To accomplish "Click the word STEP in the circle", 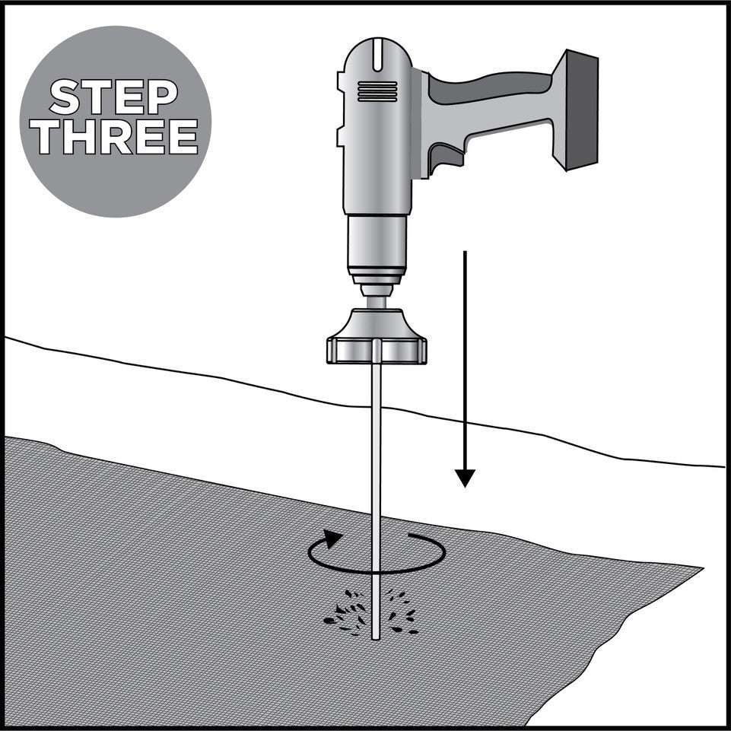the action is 114,97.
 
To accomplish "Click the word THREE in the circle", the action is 117,136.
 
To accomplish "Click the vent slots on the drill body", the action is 377,91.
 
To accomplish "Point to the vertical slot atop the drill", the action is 377,55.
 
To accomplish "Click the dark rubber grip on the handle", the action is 490,87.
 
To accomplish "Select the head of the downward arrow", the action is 465,478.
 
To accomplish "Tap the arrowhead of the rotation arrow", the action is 332,539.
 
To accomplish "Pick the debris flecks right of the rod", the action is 400,612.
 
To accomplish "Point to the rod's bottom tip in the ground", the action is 376,639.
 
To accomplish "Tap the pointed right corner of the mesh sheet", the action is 703,567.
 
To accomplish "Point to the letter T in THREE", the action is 49,136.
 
